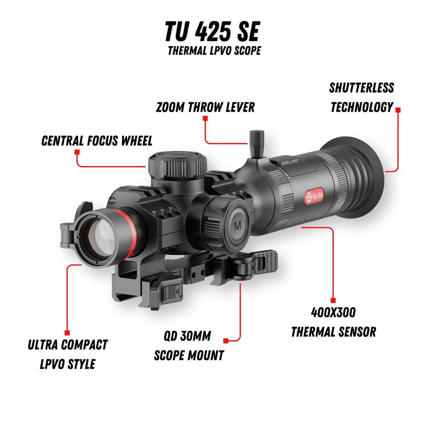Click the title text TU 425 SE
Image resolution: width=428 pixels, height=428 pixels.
click(212, 33)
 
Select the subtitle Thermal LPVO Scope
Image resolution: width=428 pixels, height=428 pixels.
click(214, 51)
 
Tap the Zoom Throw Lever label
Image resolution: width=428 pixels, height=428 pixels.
click(205, 107)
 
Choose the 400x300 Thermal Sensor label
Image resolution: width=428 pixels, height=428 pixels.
click(333, 322)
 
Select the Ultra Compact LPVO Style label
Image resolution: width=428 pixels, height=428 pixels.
click(68, 354)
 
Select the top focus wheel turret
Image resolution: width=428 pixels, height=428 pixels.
click(178, 165)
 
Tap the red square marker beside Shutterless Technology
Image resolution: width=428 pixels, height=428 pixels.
click(398, 110)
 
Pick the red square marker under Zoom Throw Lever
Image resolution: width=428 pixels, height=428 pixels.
click(205, 118)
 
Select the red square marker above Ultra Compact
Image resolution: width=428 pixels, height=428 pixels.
click(67, 333)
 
